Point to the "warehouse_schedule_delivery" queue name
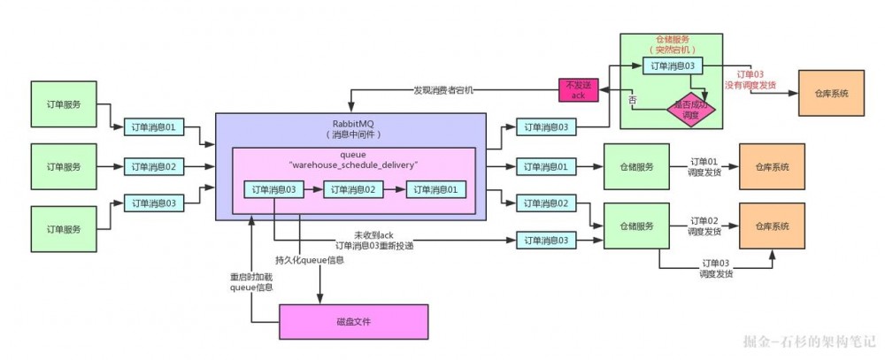351,165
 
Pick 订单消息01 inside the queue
436,189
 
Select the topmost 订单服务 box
64,104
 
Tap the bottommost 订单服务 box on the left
64,229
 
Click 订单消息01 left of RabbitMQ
155,128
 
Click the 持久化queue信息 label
311,260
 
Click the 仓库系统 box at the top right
832,93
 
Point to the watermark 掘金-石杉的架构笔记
809,341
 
